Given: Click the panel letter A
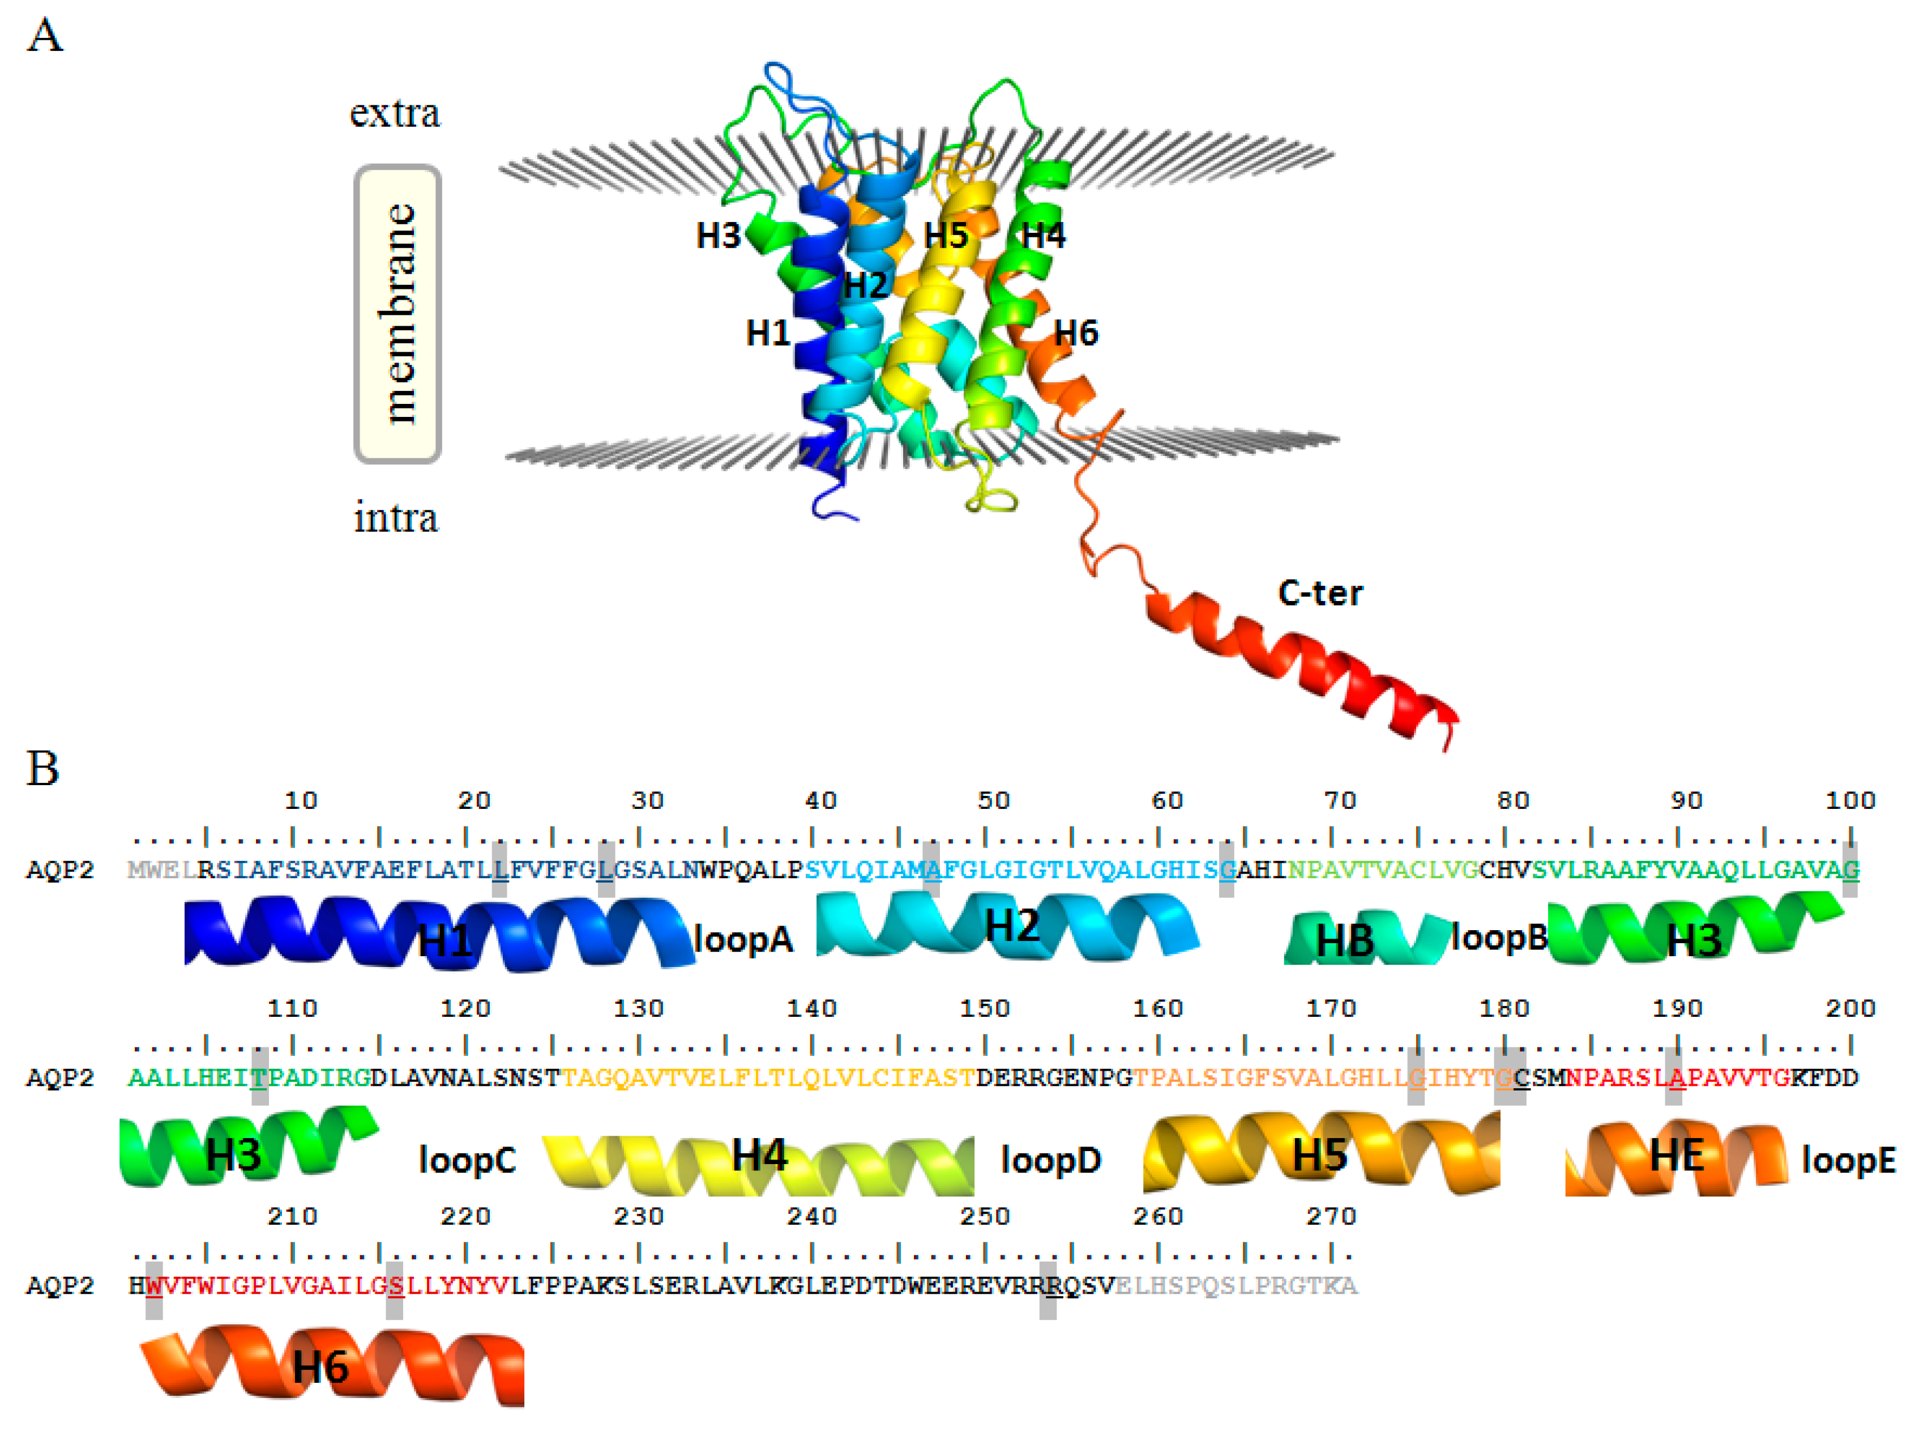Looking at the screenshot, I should click(x=45, y=36).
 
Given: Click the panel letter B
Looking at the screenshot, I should click(x=43, y=768).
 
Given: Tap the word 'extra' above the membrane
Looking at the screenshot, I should click(x=395, y=113).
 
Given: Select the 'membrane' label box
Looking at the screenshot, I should click(x=398, y=313).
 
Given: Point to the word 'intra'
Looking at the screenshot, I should click(x=396, y=518).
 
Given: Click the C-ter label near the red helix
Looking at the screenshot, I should click(x=1319, y=593).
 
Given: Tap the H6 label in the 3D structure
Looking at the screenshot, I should click(x=1076, y=333).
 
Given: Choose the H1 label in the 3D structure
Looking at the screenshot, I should click(x=768, y=333).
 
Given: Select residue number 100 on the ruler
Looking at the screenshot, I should click(x=1850, y=800).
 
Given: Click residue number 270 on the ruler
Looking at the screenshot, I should click(x=1331, y=1216).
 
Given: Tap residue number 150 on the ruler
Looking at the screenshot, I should click(x=984, y=1008).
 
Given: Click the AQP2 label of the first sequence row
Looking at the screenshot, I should click(x=59, y=870).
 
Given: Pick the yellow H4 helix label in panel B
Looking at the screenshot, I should click(x=759, y=1156).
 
